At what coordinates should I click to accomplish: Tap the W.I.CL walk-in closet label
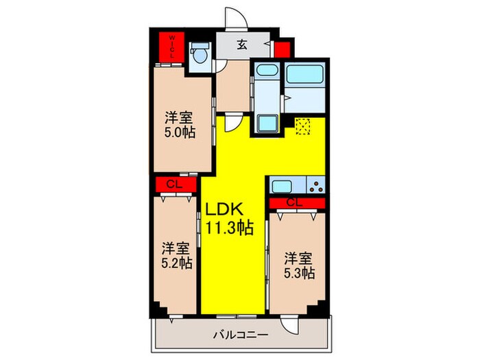coord(171,46)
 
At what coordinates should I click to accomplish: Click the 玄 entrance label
coord(243,45)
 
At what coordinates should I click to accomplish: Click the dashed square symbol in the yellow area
coord(302,128)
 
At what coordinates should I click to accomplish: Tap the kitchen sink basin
coord(282,185)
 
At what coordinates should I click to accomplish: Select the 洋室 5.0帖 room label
coord(181,123)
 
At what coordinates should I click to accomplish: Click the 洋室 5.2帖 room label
coord(176,254)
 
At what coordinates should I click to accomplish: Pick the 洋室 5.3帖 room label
coord(299,265)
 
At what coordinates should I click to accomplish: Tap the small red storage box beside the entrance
coord(281,49)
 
